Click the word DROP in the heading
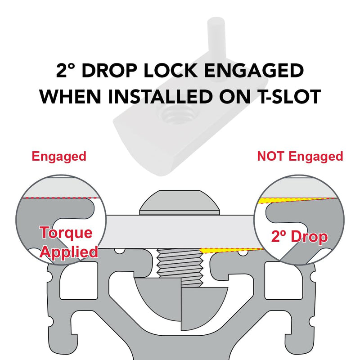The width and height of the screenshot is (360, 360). pyautogui.click(x=110, y=70)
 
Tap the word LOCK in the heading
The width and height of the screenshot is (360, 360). pyautogui.click(x=171, y=70)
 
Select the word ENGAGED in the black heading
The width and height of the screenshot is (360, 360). pyautogui.click(x=254, y=70)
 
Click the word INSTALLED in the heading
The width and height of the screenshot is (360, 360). pyautogui.click(x=160, y=96)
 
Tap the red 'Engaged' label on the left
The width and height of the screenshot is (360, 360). pyautogui.click(x=59, y=157)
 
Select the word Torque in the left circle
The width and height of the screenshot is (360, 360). pyautogui.click(x=66, y=233)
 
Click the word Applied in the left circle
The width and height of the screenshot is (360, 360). pyautogui.click(x=69, y=252)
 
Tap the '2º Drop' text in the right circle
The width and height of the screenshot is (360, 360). pyautogui.click(x=299, y=237)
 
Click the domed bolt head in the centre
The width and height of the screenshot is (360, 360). pyautogui.click(x=180, y=202)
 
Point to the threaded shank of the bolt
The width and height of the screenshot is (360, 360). pyautogui.click(x=180, y=267)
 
